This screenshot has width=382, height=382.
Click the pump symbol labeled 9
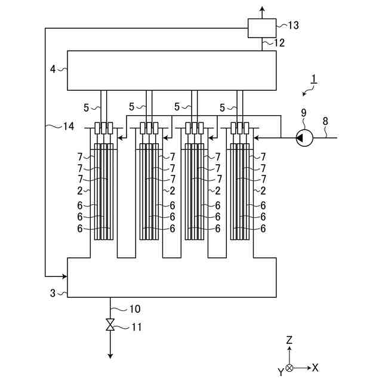(304, 138)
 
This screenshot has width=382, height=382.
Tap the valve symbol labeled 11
(110, 325)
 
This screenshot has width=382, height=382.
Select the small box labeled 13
(262, 28)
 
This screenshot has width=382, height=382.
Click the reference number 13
(293, 25)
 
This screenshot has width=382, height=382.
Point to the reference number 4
(53, 69)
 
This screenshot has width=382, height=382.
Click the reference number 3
(53, 293)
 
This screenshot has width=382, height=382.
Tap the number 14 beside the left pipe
(69, 126)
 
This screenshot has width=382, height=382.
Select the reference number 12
(279, 43)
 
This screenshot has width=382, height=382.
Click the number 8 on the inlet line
(325, 121)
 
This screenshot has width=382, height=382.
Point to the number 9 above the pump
(304, 113)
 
